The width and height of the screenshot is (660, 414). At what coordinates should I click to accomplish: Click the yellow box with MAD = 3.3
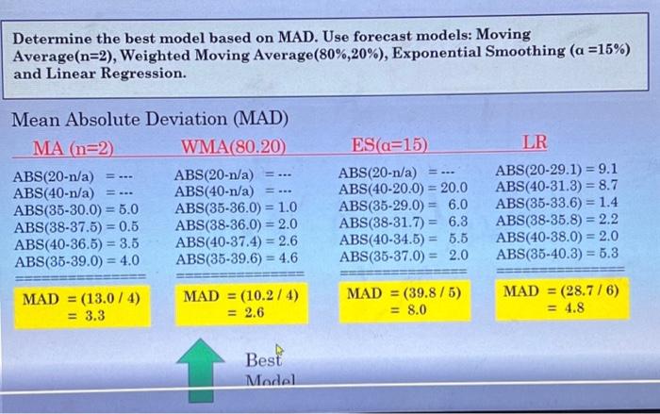(81, 308)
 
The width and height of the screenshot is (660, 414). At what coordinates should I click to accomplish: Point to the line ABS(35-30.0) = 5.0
(76, 209)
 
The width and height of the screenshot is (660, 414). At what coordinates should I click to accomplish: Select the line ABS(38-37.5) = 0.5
(76, 226)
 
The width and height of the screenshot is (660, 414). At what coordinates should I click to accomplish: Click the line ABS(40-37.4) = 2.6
(237, 241)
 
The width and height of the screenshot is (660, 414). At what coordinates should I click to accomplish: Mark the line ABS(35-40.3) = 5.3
(557, 253)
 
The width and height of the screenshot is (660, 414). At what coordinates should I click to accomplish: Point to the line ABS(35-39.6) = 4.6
(237, 257)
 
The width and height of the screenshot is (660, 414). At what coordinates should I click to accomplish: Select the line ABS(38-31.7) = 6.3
(404, 222)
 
